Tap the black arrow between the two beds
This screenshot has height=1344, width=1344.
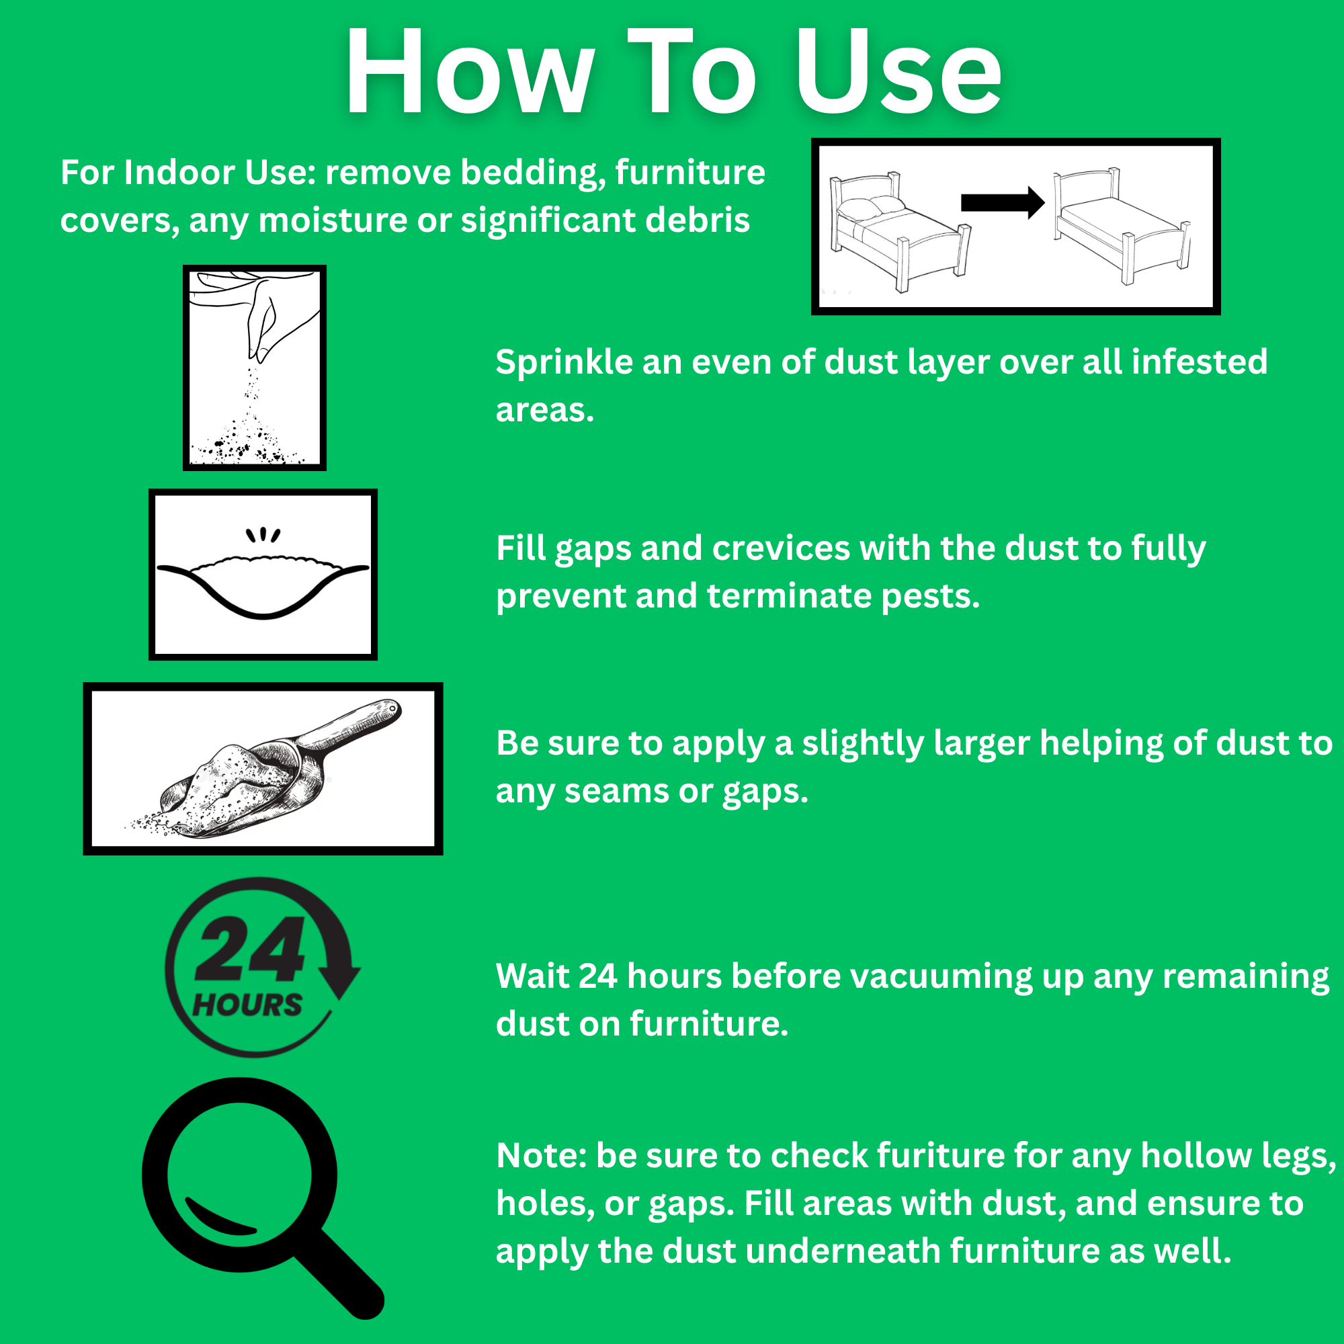click(1003, 202)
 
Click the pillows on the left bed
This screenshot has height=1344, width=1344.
click(870, 206)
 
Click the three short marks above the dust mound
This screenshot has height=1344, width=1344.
click(263, 534)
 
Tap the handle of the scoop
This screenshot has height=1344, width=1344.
click(352, 726)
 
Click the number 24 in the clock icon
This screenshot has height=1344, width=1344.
click(249, 949)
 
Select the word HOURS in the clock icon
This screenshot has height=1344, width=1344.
click(247, 1005)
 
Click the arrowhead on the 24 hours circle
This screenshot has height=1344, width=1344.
click(339, 982)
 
